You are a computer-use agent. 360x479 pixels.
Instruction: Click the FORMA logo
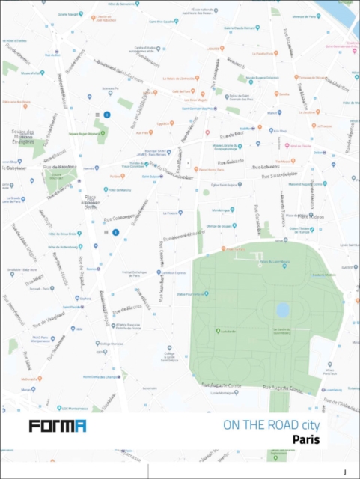pyautogui.click(x=58, y=427)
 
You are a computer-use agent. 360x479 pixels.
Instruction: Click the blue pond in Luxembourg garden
pyautogui.click(x=282, y=309)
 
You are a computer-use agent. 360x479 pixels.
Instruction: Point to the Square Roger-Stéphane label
pyautogui.click(x=84, y=133)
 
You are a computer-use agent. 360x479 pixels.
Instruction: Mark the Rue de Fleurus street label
pyautogui.click(x=132, y=306)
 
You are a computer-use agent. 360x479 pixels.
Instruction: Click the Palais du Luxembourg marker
pyautogui.click(x=260, y=262)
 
